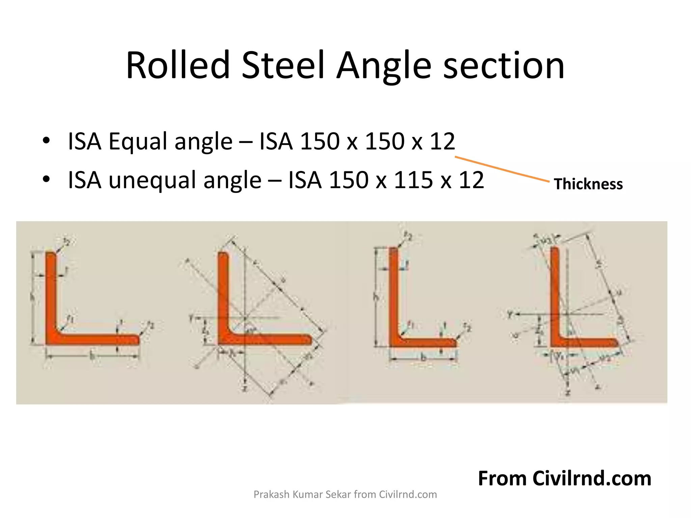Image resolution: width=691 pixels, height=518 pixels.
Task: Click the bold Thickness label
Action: [x=588, y=184]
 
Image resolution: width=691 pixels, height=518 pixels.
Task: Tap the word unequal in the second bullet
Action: [x=151, y=180]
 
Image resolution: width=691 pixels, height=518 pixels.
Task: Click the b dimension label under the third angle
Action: [x=423, y=358]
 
